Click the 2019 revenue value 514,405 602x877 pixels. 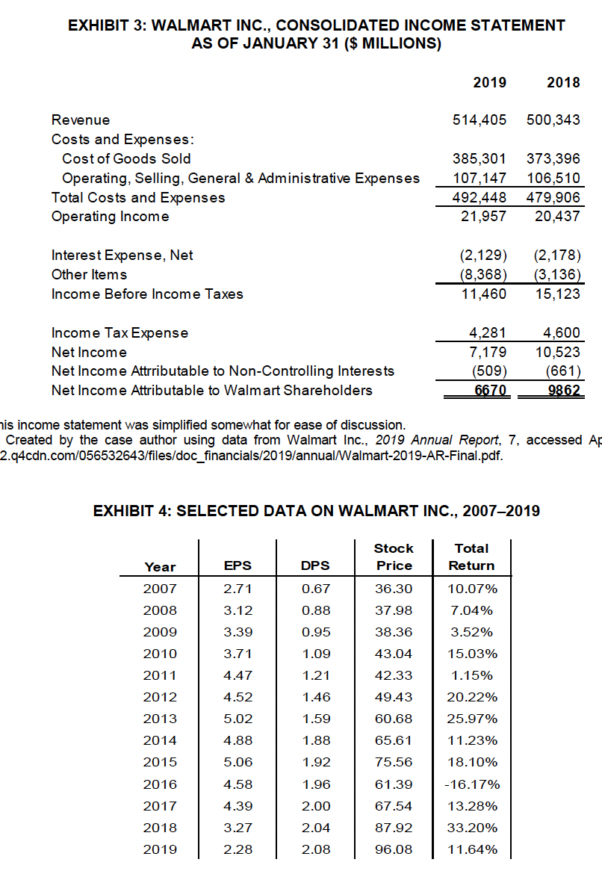[x=480, y=120]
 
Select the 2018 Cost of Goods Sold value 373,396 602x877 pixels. [x=553, y=158]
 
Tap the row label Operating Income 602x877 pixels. [x=110, y=217]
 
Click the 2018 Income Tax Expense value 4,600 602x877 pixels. [x=558, y=332]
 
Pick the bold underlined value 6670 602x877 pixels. [x=490, y=390]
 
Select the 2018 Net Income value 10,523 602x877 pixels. [x=556, y=352]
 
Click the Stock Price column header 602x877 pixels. [x=394, y=557]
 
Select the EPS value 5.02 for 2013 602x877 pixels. [x=238, y=719]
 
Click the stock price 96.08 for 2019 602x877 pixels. [x=394, y=849]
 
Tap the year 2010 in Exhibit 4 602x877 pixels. [x=160, y=654]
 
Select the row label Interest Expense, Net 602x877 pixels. [x=122, y=255]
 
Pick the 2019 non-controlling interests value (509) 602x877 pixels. [x=490, y=371]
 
